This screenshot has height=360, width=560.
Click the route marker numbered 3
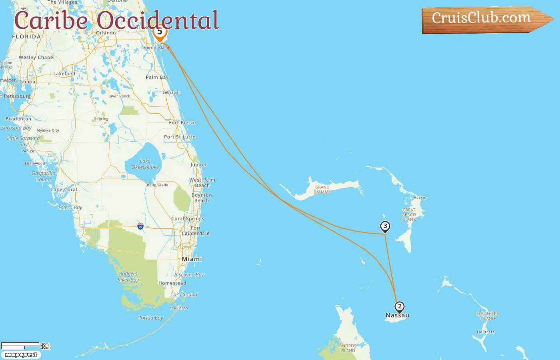(385, 227)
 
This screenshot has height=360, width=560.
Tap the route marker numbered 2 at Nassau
(399, 307)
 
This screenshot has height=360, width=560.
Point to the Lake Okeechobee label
(145, 164)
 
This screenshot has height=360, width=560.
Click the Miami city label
(192, 259)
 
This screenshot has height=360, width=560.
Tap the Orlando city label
(106, 33)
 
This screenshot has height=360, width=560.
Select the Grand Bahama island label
(322, 190)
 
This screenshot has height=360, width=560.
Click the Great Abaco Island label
(409, 215)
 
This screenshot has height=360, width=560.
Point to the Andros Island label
(348, 348)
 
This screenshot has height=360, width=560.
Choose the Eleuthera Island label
(488, 316)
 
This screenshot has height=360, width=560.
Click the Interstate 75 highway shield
(140, 226)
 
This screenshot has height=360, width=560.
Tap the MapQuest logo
(21, 355)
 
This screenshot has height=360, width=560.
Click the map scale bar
(20, 345)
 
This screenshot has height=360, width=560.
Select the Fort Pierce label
(182, 123)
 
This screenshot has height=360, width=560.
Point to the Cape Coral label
(64, 190)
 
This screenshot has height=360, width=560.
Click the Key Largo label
(178, 308)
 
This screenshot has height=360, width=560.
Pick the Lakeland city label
(64, 74)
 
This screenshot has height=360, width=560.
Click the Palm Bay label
(157, 77)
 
